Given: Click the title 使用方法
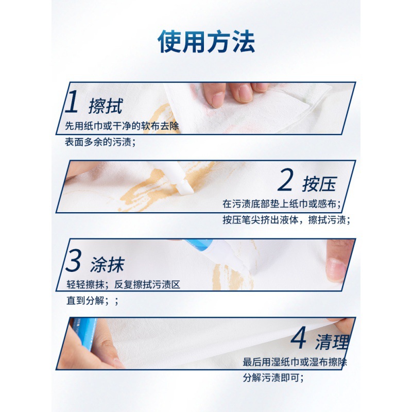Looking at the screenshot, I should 206,42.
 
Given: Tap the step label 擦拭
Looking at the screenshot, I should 106,106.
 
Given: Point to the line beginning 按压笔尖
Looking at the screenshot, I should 286,220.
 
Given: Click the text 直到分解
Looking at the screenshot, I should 88,301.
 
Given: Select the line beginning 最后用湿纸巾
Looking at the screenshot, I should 295,363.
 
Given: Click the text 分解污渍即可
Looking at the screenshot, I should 273,378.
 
